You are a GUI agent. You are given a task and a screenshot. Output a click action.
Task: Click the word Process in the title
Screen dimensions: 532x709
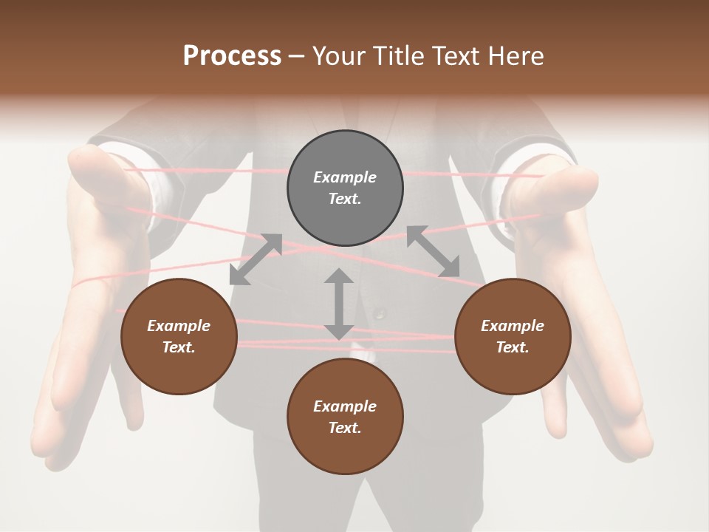tap(232, 56)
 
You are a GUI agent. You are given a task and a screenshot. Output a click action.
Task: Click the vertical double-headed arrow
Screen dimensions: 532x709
tap(339, 304)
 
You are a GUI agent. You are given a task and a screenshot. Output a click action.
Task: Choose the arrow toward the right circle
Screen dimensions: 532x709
tap(434, 251)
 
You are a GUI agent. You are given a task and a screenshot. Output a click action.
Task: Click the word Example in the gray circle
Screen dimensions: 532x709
tap(345, 177)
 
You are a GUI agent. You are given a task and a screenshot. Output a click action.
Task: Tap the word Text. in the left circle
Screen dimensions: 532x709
tap(179, 347)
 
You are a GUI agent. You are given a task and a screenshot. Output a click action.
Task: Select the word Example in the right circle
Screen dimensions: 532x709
tap(513, 326)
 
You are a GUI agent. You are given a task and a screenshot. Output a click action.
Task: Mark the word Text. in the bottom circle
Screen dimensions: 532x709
tap(345, 428)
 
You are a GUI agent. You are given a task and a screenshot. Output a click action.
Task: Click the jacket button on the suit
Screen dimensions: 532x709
tap(380, 313)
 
